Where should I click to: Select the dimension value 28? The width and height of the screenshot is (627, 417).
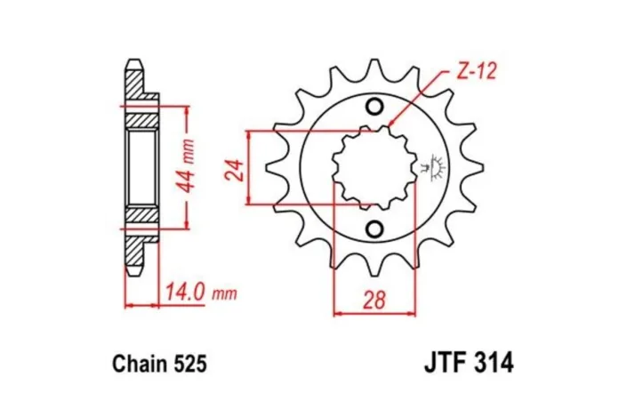374,300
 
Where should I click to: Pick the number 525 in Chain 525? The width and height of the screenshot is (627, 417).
188,364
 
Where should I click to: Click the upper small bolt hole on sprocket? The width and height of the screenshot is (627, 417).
374,108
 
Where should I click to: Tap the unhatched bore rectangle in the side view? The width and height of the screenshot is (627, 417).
142,167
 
